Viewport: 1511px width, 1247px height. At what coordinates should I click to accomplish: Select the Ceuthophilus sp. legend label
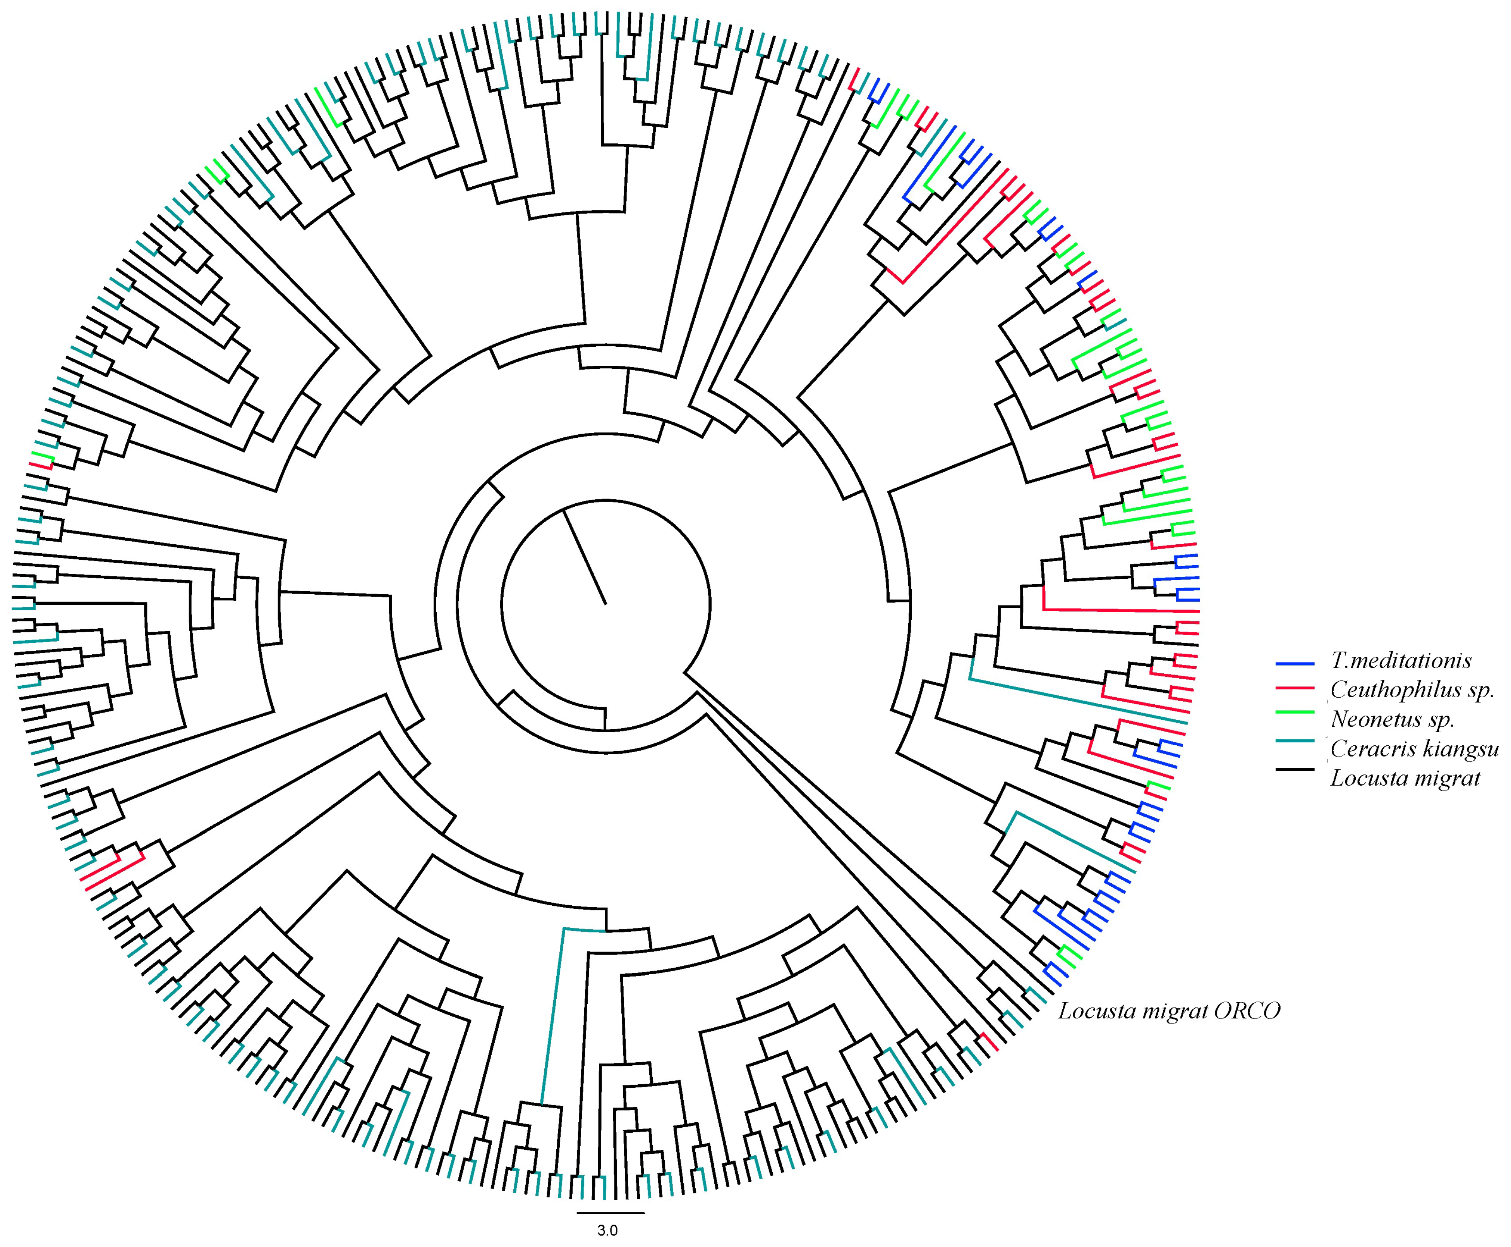1412,690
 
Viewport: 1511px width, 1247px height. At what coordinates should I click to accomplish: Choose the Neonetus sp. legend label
1393,719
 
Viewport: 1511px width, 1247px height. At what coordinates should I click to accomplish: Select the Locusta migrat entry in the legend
1405,778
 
